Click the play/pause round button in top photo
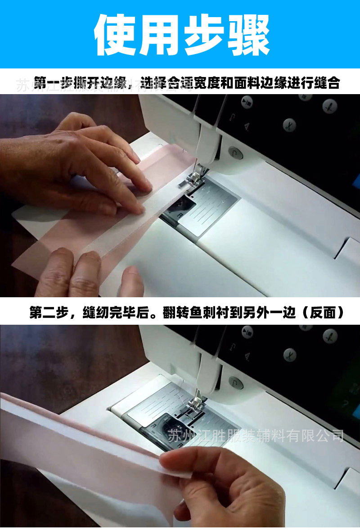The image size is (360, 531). [246, 102]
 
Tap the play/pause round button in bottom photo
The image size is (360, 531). [247, 332]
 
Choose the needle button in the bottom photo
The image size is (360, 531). [330, 336]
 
